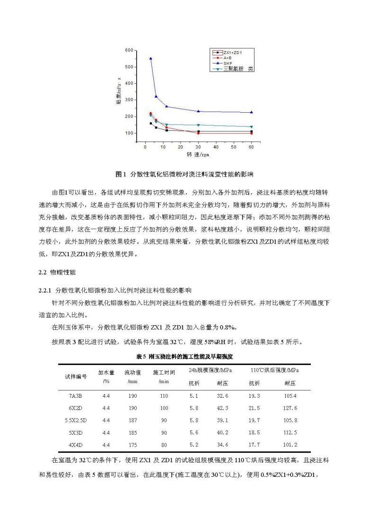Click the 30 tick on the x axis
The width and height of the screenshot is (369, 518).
198,147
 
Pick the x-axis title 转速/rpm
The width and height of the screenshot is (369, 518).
198,155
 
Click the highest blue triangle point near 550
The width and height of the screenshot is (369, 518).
151,58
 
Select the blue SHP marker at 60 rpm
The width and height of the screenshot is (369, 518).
251,112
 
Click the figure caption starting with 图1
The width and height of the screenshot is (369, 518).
184,174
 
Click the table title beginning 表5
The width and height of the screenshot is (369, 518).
184,356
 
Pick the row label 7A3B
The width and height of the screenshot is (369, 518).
76,395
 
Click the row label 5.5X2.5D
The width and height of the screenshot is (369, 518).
76,420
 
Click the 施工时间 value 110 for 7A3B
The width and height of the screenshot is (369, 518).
164,395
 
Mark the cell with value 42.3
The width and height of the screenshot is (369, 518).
222,408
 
